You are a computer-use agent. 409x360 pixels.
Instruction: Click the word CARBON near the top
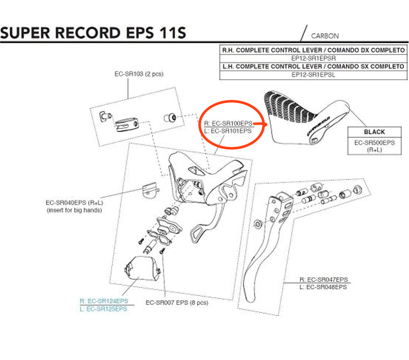tap(325, 36)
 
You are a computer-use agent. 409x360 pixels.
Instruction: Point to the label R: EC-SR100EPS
tap(227, 123)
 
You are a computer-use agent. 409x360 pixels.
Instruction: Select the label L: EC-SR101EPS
tap(227, 131)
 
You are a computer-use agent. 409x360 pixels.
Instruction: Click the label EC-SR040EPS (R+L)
tap(74, 202)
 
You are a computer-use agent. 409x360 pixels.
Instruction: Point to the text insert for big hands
tap(74, 210)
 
